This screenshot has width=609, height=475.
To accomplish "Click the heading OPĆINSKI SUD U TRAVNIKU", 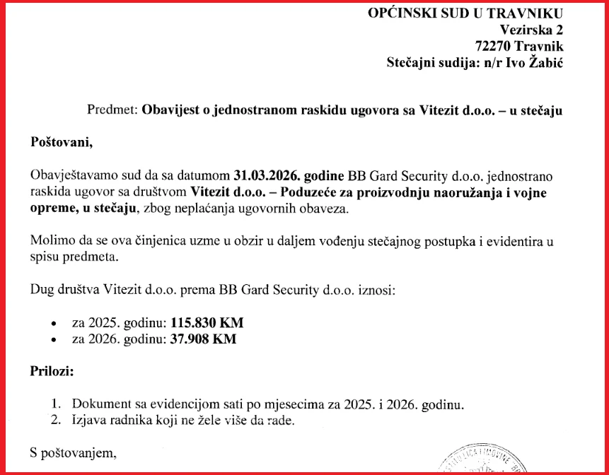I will (x=465, y=13).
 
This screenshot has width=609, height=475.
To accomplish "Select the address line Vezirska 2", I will (x=531, y=30).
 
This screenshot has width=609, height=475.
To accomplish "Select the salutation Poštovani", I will (x=61, y=142).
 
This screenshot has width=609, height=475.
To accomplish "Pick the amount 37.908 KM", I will (x=202, y=339).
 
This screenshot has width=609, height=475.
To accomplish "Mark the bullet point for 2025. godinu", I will (x=54, y=323).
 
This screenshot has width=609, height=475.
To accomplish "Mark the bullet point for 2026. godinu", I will (x=54, y=340).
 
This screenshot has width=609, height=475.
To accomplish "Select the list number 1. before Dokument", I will (x=57, y=405).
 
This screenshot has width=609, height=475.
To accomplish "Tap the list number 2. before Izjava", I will (x=57, y=421).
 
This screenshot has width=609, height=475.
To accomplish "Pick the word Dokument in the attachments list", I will (x=100, y=405).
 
